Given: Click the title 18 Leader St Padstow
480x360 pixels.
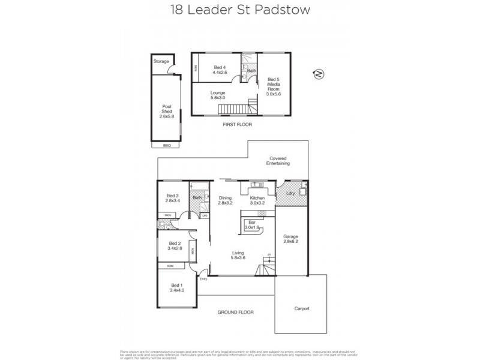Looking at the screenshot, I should (x=239, y=10).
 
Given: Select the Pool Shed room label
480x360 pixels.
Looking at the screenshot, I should (x=167, y=111).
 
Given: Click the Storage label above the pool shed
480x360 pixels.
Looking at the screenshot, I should (x=161, y=61).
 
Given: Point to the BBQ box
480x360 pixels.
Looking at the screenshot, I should (x=167, y=145).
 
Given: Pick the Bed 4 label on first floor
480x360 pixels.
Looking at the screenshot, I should (x=220, y=70).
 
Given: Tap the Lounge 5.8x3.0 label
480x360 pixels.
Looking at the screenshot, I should (x=218, y=96).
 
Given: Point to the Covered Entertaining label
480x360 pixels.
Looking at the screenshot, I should (x=279, y=161).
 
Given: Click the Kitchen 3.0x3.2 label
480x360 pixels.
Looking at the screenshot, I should (x=257, y=201).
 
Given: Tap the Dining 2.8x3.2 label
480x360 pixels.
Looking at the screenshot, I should (x=225, y=201).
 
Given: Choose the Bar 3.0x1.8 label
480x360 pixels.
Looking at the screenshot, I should (x=252, y=225).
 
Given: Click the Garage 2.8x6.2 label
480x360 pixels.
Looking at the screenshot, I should (x=290, y=239).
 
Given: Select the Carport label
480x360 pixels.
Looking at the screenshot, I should (x=302, y=308).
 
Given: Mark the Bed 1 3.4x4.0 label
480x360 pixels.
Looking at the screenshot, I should (x=176, y=287).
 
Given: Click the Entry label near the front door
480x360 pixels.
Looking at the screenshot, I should (x=203, y=278).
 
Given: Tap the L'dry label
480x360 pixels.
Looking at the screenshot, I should (x=290, y=193).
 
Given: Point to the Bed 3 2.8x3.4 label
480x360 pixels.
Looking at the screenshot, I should (x=173, y=199).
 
